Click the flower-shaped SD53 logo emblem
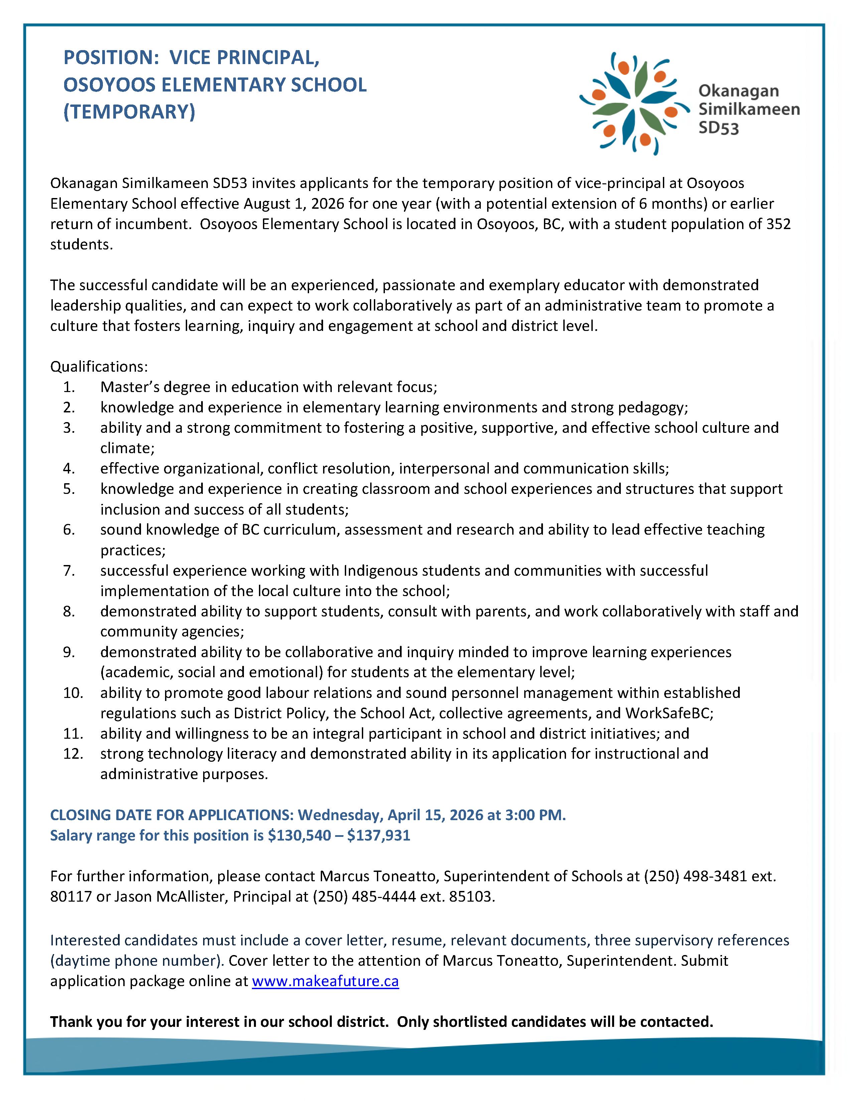[x=634, y=104]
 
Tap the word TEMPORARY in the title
[x=129, y=112]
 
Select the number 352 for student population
[x=777, y=224]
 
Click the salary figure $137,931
[x=379, y=835]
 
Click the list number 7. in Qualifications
[x=69, y=571]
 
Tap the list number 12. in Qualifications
[x=73, y=753]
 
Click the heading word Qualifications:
[x=99, y=366]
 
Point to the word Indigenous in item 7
[x=381, y=571]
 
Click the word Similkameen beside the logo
[x=748, y=110]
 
